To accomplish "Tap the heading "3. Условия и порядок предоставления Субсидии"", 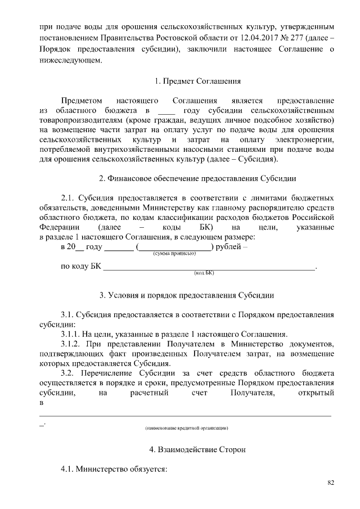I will click(x=187, y=295).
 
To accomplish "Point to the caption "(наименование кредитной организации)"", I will click(x=186, y=428).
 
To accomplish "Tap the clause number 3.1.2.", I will click(x=71, y=343).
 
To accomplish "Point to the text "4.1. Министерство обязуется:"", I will click(x=114, y=469).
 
